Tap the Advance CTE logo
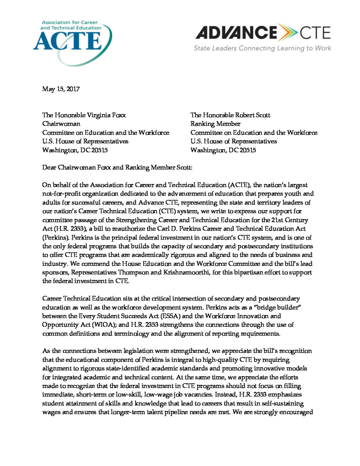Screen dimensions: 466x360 coord(263,33)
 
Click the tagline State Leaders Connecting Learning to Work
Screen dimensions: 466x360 coord(262,48)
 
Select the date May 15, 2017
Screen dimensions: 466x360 coord(61,89)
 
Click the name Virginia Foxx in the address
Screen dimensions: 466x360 coord(106,115)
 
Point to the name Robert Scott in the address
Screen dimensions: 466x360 coord(252,115)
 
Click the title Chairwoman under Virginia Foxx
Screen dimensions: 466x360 coord(61,124)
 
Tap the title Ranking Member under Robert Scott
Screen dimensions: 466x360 coord(215,124)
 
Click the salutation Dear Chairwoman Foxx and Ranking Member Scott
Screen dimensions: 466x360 coord(117,167)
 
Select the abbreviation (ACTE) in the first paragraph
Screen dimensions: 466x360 coord(239,185)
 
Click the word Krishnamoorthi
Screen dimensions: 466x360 coord(186,273)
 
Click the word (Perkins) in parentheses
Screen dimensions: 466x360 coord(56,238)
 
